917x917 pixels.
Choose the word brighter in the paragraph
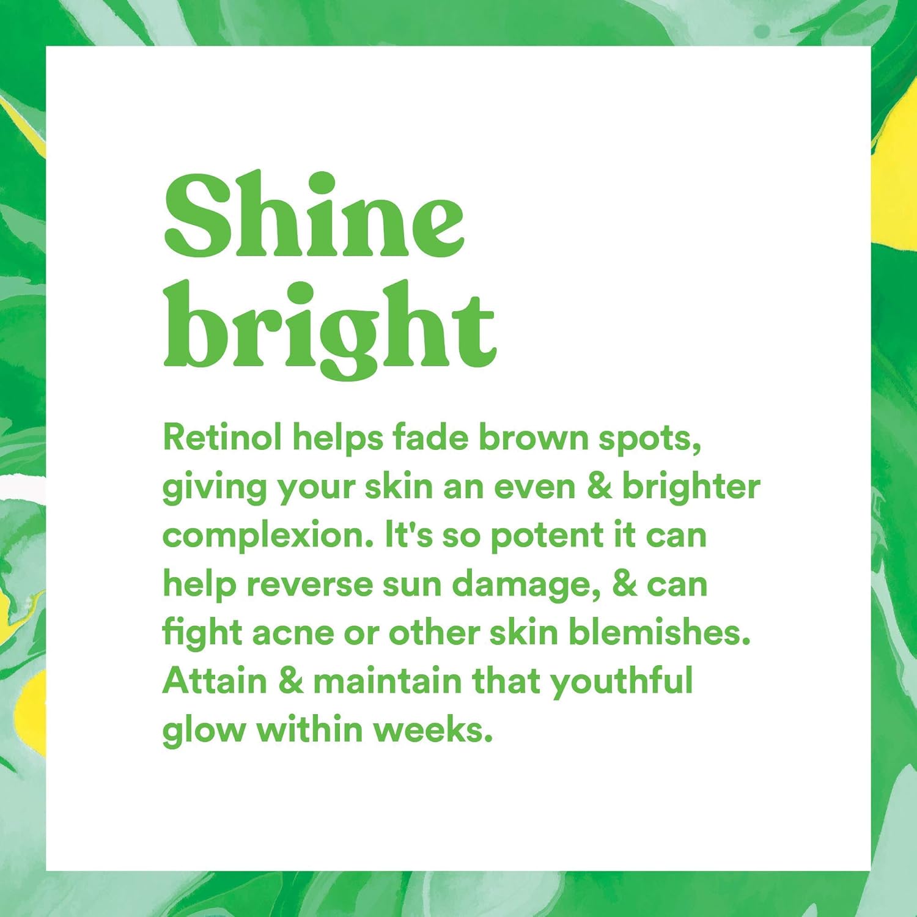[691, 487]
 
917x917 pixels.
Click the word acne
[293, 632]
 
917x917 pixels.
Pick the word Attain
[215, 680]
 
